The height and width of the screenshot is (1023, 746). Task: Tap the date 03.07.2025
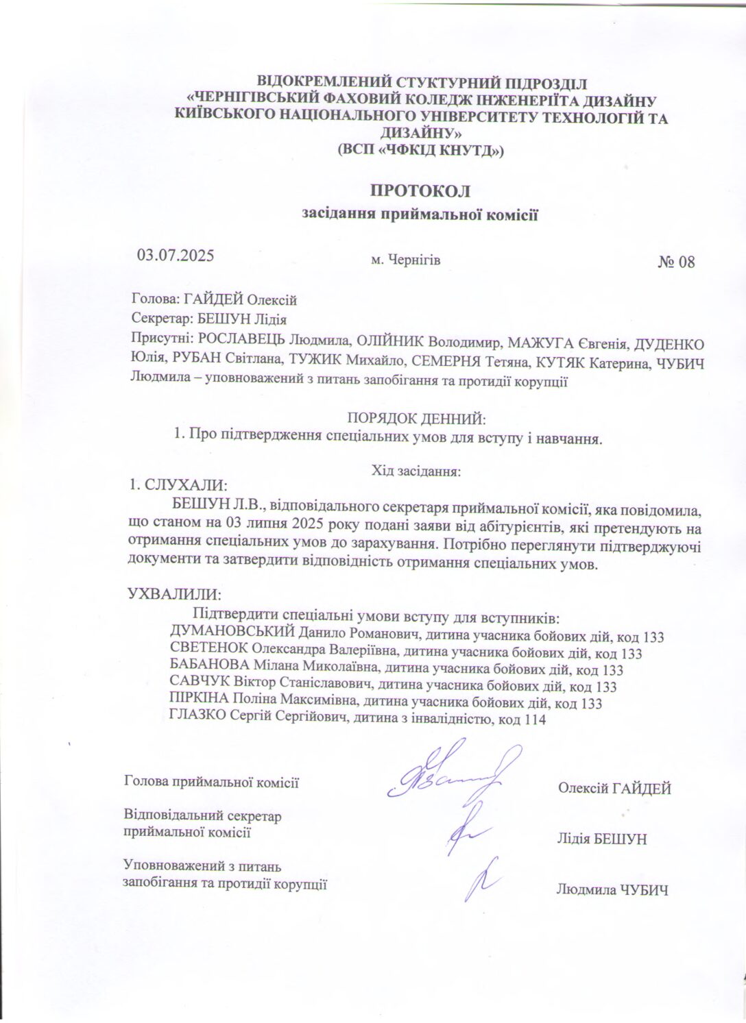tap(177, 256)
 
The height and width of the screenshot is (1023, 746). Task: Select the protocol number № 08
tap(676, 262)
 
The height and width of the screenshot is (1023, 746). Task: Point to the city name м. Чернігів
tap(405, 260)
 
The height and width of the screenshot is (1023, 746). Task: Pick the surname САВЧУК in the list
tap(195, 686)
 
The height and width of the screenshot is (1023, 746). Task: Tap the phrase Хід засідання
tap(416, 471)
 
